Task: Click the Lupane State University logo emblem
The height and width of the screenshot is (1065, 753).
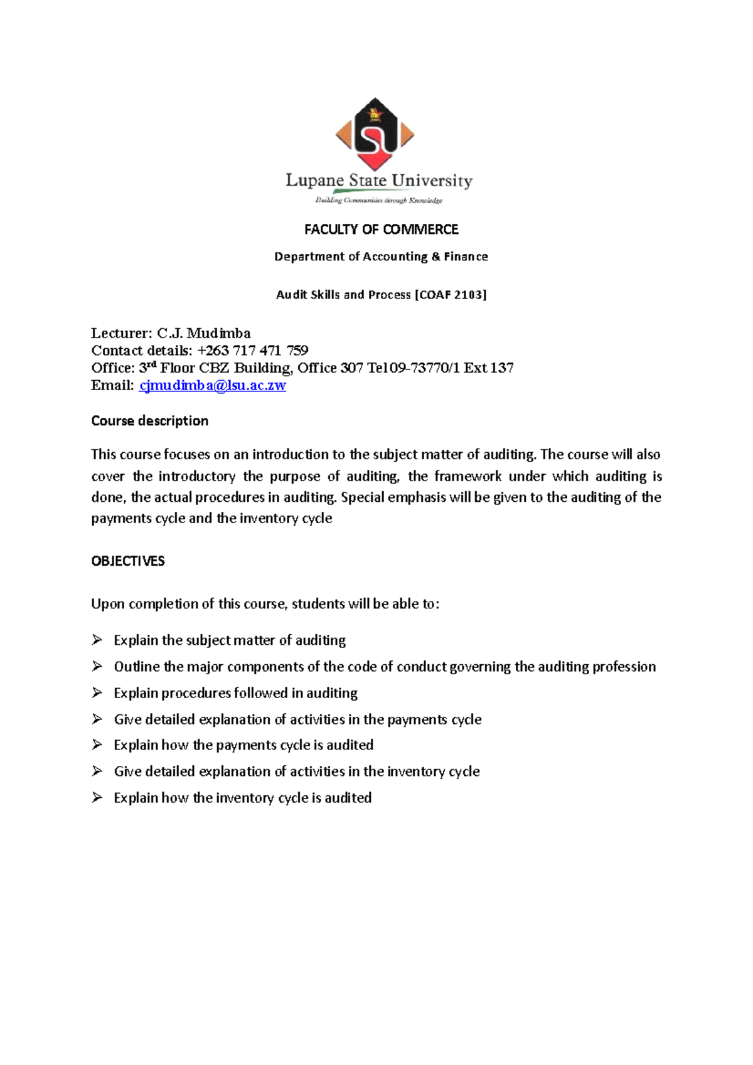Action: pyautogui.click(x=375, y=134)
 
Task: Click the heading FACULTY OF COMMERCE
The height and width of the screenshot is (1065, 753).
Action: pyautogui.click(x=381, y=230)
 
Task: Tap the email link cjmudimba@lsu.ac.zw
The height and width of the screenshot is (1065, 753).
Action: pyautogui.click(x=212, y=386)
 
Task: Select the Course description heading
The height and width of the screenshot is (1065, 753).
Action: pyautogui.click(x=149, y=421)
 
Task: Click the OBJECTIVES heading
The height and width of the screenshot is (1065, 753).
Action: pyautogui.click(x=128, y=561)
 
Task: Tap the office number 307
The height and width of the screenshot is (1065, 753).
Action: pyautogui.click(x=351, y=368)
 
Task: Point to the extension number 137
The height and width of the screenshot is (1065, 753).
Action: pyautogui.click(x=502, y=368)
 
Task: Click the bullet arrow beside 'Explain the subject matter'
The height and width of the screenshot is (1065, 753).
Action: pyautogui.click(x=97, y=640)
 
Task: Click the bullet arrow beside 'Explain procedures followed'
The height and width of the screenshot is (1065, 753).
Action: pyautogui.click(x=97, y=692)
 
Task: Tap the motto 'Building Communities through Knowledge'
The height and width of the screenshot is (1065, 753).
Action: pyautogui.click(x=378, y=201)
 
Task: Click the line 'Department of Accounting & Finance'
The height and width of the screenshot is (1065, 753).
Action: pyautogui.click(x=381, y=257)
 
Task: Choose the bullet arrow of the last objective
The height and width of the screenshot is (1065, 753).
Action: pyautogui.click(x=97, y=797)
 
